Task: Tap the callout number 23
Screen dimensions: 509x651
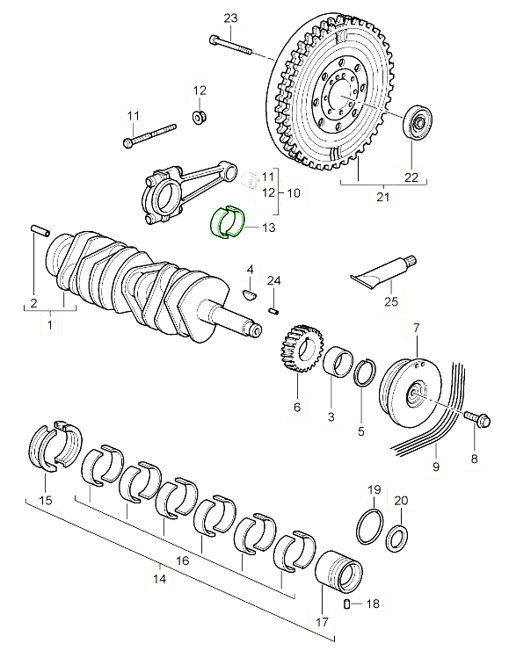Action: pos(230,18)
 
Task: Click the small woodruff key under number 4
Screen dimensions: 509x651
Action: pos(250,293)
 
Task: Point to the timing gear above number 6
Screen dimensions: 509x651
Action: pos(300,348)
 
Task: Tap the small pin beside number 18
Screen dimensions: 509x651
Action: pos(347,604)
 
